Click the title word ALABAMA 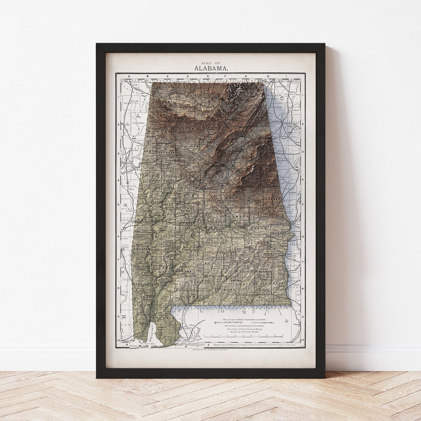212,68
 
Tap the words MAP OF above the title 210,63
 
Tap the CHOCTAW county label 143,248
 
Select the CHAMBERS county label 272,199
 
